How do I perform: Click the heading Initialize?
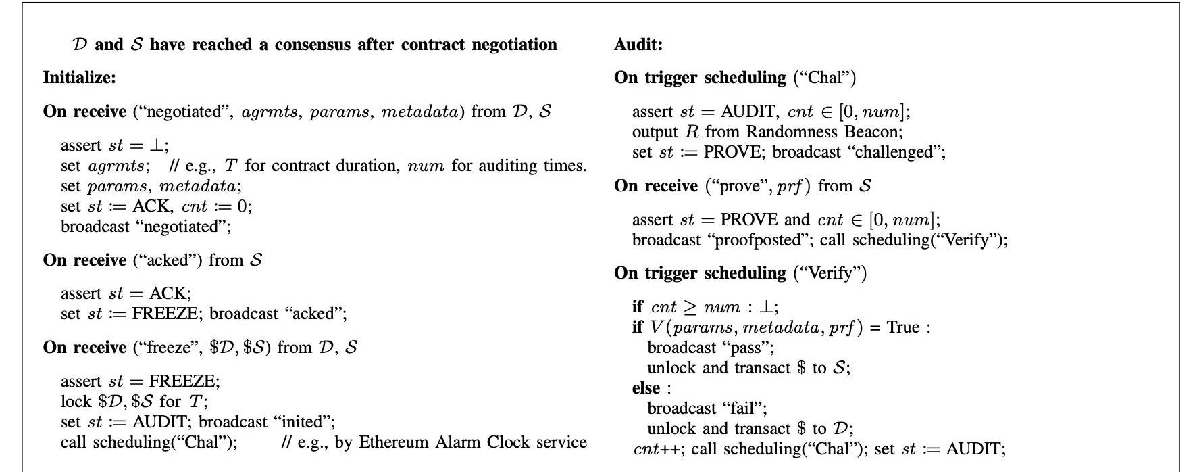coord(79,78)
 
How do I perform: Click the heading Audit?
coord(638,45)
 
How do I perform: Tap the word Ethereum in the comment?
coord(394,442)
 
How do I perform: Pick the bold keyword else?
coord(646,388)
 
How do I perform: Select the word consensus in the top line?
coord(313,45)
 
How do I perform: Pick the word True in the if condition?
coord(903,327)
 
